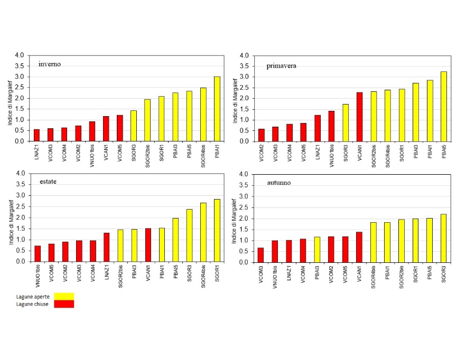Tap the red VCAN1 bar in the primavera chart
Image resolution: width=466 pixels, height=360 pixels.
pos(360,117)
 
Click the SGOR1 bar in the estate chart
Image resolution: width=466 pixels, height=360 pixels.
pos(217,230)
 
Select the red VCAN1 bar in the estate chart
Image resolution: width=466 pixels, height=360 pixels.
pos(148,245)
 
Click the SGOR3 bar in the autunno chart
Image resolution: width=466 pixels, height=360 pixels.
pos(443,238)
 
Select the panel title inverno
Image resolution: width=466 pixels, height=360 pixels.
pos(50,64)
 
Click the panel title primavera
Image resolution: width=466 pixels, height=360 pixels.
pos(281,66)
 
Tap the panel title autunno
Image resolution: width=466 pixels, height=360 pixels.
pos(278,183)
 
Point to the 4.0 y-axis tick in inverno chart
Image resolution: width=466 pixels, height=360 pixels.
pos(20,55)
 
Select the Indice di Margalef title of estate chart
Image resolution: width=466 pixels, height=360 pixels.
pos(10,217)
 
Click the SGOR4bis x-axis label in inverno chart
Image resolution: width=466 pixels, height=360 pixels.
pos(203,157)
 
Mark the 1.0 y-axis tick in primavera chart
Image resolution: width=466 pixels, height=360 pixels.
pos(244,120)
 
